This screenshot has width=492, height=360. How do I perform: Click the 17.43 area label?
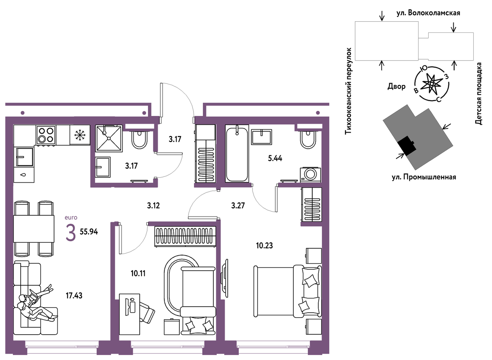coord(74,296)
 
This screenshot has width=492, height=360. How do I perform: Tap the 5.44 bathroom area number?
coord(275,158)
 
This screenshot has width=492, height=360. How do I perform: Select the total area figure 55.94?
coord(89,232)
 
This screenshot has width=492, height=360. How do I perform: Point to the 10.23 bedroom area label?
coord(265,245)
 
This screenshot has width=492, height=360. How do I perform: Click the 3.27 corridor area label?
coord(238,206)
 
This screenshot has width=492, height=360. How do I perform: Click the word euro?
coord(71,218)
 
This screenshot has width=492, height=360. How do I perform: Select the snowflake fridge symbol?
coord(80,135)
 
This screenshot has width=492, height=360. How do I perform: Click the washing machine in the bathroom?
coord(310,175)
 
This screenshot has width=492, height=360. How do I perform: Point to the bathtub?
coord(237,153)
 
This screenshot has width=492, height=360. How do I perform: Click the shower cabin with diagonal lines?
coord(109,138)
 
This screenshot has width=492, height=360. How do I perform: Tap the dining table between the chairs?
coord(34,229)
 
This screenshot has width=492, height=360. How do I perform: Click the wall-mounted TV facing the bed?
coord(225,278)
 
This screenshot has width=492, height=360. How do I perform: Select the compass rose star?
coord(432,83)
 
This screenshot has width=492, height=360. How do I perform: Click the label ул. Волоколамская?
coord(428,13)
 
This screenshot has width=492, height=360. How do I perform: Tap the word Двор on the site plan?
coord(397,86)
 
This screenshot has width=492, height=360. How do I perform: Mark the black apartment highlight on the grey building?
coord(407,146)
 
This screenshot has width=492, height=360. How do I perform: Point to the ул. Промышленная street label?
coord(424,177)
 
